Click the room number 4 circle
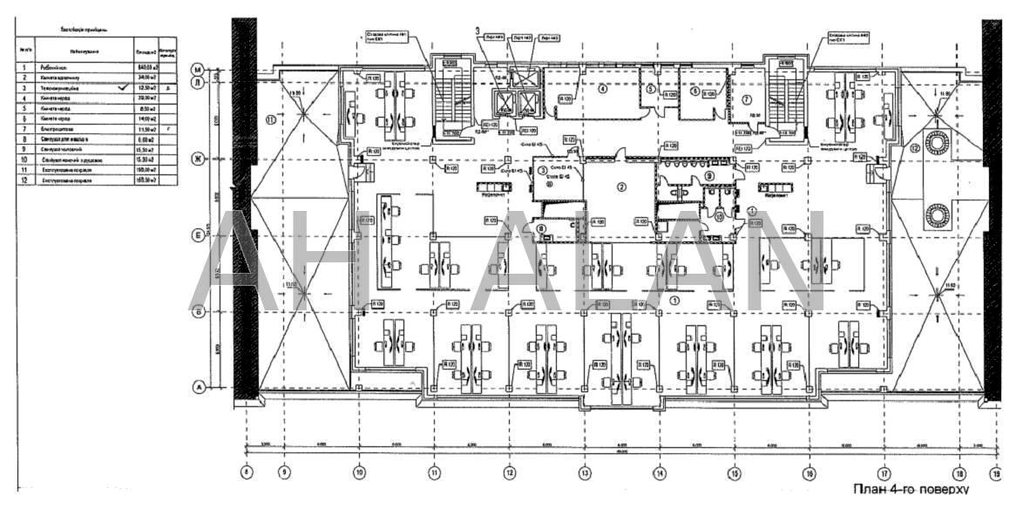(601, 88)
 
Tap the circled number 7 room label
(747, 98)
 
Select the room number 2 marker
(621, 186)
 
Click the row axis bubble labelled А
(198, 387)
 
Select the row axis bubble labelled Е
(198, 235)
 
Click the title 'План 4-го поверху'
(911, 490)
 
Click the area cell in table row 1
(144, 67)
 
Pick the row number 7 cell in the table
(25, 128)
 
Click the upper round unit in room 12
(939, 142)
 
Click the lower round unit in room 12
(939, 214)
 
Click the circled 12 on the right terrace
(914, 149)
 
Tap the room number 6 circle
(694, 90)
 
